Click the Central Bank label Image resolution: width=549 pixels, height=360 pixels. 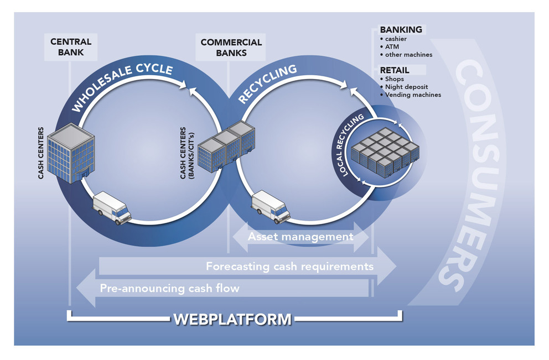71,47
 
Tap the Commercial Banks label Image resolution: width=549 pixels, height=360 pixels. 231,48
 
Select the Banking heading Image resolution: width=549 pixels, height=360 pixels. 401,30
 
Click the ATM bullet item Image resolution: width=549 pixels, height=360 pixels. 390,46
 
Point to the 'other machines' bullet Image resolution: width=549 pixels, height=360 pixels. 406,55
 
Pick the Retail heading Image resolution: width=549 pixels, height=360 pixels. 395,70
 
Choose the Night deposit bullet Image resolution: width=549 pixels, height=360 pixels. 404,87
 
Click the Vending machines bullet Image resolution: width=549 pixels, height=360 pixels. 410,95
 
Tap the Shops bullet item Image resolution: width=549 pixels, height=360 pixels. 392,79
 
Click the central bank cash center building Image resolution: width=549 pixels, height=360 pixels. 71,153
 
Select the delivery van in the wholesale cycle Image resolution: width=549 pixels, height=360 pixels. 112,207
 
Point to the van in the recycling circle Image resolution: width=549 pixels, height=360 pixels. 271,206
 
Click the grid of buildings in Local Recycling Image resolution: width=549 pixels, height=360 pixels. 385,153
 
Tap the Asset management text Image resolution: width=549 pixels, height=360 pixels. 301,237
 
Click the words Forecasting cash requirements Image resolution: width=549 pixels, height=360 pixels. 289,267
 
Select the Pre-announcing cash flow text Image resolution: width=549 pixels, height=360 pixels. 169,288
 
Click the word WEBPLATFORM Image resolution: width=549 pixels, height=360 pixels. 232,319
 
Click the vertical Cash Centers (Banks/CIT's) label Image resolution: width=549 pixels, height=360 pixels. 187,153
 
